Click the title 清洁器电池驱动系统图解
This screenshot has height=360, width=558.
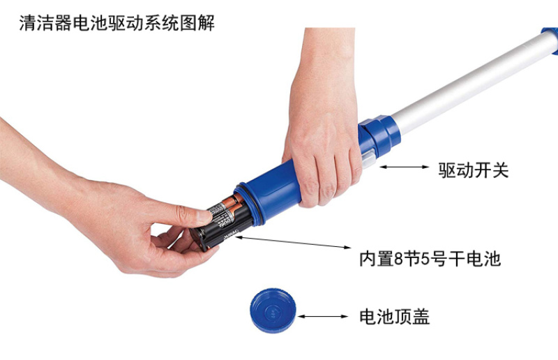click(x=116, y=23)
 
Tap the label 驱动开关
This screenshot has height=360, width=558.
click(x=474, y=170)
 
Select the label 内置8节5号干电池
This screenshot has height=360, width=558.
click(x=430, y=259)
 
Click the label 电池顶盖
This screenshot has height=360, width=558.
click(x=394, y=317)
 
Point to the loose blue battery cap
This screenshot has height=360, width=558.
click(x=273, y=311)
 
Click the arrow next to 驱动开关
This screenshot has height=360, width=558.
click(x=405, y=167)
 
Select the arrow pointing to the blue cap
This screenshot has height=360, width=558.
click(x=323, y=316)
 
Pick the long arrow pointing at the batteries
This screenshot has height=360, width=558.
click(x=294, y=242)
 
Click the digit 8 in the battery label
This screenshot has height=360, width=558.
click(x=399, y=259)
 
